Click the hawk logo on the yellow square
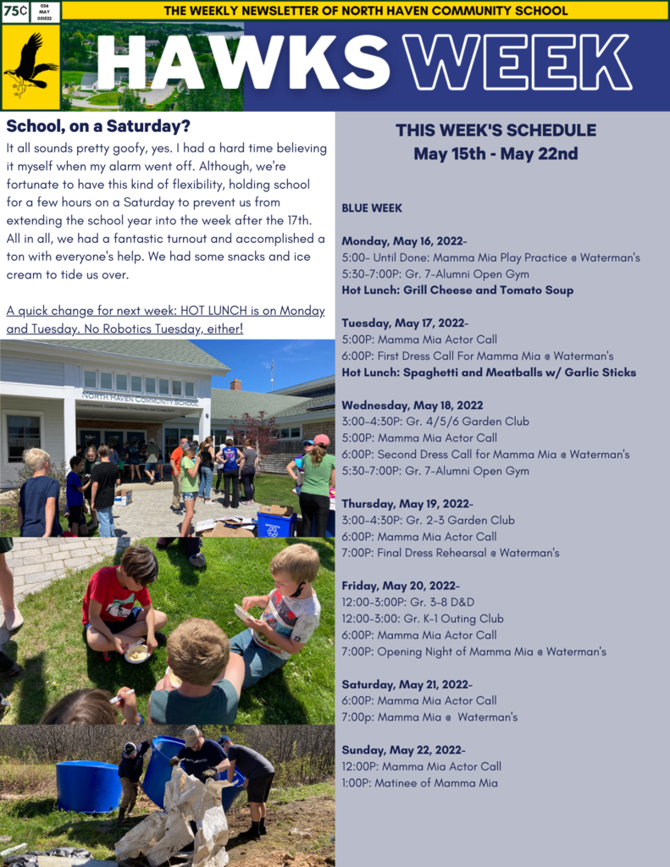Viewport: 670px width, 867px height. point(32,66)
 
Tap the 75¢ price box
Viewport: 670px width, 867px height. point(15,12)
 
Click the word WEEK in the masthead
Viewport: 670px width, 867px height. point(517,63)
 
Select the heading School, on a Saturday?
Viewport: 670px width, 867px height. point(98,126)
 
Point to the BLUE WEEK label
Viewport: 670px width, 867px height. point(372,208)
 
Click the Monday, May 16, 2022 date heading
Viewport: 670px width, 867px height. point(404,241)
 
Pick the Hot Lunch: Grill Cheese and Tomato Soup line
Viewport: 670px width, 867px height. point(457,290)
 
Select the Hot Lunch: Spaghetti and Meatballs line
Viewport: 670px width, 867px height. point(489,373)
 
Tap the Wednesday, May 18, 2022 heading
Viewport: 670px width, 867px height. point(413,406)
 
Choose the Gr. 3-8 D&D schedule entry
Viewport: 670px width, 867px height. point(407,602)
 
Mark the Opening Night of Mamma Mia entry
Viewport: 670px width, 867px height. point(474,652)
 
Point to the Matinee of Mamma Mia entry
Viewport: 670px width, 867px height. point(419,783)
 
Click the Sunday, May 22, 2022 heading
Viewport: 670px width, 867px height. point(403,750)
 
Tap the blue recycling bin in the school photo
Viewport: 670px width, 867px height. point(275,524)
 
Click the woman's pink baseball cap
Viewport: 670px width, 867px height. point(321,440)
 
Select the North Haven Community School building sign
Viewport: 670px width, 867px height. point(140,399)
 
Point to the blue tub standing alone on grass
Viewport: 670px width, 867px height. point(89,785)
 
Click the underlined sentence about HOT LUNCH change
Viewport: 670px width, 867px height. point(165,319)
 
